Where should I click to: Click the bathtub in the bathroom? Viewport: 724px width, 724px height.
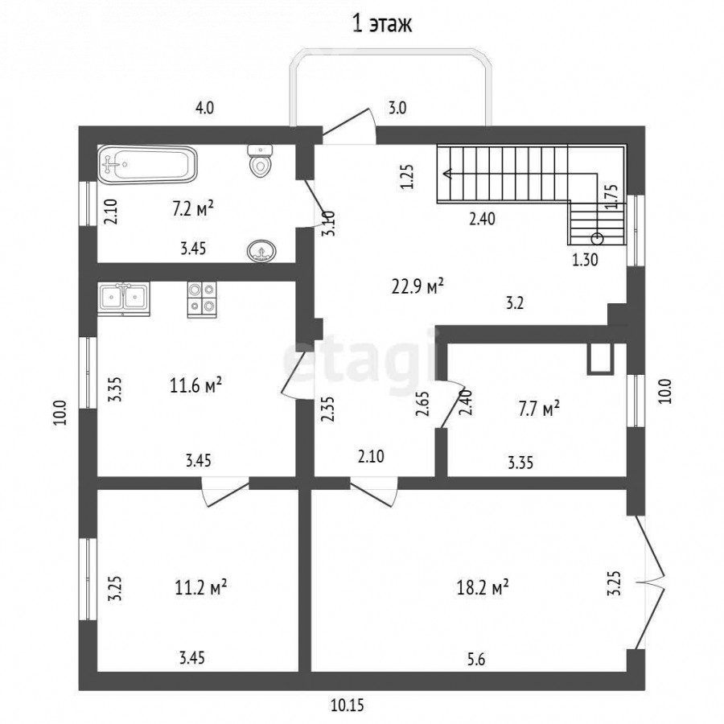pyautogui.click(x=147, y=165)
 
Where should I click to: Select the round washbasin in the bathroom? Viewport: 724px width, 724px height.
pyautogui.click(x=261, y=251)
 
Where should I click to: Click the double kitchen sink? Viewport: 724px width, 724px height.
pyautogui.click(x=124, y=298)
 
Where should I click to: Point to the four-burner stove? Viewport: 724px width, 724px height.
pyautogui.click(x=202, y=299)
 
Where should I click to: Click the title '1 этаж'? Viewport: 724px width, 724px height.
pyautogui.click(x=382, y=24)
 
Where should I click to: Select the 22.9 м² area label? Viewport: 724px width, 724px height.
pyautogui.click(x=418, y=286)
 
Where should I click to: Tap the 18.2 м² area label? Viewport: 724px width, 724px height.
pyautogui.click(x=483, y=588)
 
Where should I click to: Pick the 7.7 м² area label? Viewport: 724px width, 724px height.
pyautogui.click(x=539, y=409)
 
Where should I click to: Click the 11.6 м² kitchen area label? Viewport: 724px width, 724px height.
pyautogui.click(x=195, y=385)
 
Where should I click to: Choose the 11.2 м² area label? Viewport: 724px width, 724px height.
pyautogui.click(x=200, y=588)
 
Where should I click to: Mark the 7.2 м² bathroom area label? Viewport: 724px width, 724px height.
pyautogui.click(x=192, y=208)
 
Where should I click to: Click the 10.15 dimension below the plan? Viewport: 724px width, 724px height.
pyautogui.click(x=347, y=705)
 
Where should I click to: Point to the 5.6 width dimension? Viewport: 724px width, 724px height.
pyautogui.click(x=476, y=660)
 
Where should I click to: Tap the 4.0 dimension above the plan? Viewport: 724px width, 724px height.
pyautogui.click(x=204, y=108)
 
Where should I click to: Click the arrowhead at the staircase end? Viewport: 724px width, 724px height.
pyautogui.click(x=447, y=174)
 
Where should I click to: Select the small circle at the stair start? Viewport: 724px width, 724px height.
pyautogui.click(x=597, y=239)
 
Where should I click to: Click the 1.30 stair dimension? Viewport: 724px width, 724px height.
pyautogui.click(x=586, y=261)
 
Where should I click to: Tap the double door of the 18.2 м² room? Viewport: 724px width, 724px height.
pyautogui.click(x=650, y=582)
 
